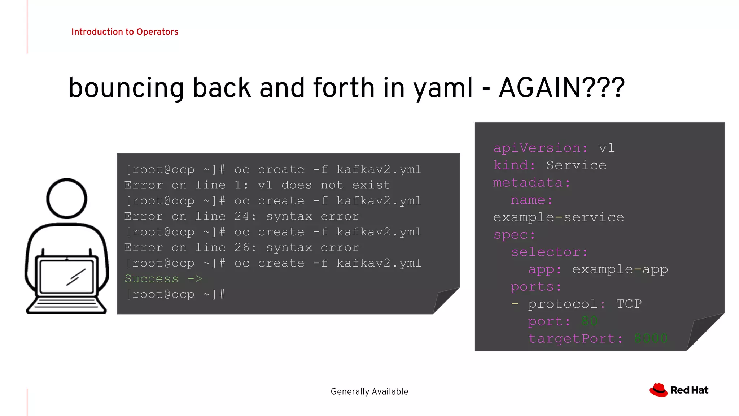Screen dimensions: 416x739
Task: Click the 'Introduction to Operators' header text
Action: (x=124, y=32)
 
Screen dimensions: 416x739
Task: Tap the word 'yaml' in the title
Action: (x=443, y=88)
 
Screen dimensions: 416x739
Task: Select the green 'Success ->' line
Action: (x=163, y=279)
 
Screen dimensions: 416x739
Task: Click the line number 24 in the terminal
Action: (x=242, y=216)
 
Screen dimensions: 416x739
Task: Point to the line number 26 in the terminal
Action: (x=242, y=247)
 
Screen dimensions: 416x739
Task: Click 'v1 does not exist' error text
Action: (x=324, y=185)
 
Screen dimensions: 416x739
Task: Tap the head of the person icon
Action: (x=67, y=198)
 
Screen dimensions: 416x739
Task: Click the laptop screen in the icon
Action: (x=67, y=276)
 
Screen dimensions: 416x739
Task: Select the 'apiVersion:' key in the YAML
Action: (x=541, y=148)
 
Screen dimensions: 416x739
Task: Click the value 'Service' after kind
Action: (x=576, y=165)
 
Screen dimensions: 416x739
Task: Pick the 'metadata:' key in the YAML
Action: (x=531, y=183)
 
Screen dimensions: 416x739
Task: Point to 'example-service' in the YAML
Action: (x=558, y=217)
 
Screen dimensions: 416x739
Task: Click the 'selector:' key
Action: (x=549, y=252)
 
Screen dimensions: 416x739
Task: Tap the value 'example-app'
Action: (x=620, y=269)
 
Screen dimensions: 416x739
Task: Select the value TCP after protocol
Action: (x=629, y=304)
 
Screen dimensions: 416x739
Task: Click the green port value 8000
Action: (x=651, y=339)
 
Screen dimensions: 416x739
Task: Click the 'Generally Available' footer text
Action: (x=369, y=391)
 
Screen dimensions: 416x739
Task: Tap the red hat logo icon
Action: (x=659, y=390)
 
